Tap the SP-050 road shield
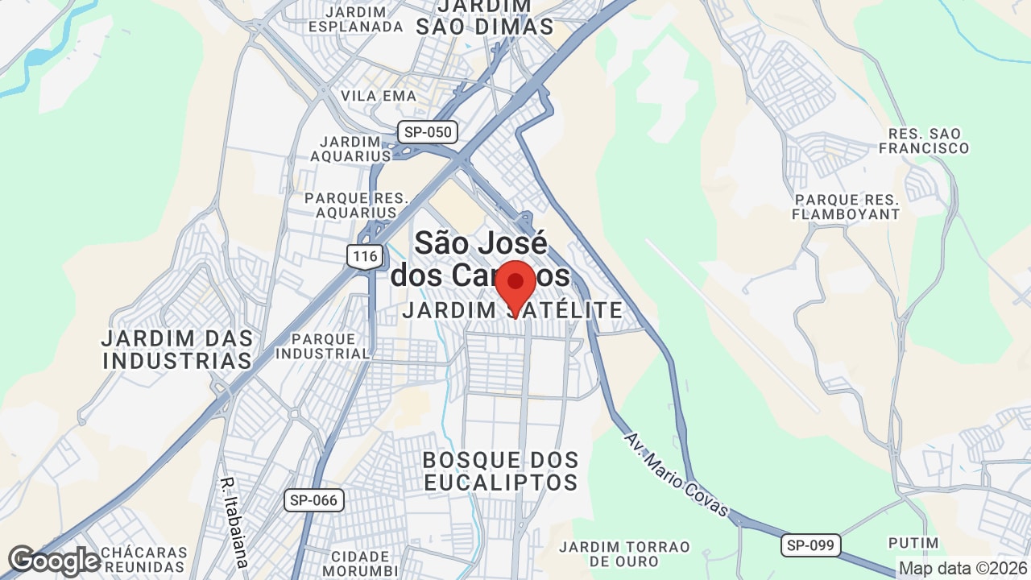tap(428, 132)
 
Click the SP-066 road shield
tap(314, 500)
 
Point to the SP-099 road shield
tap(811, 545)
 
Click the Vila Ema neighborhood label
tap(379, 96)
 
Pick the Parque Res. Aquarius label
tap(356, 205)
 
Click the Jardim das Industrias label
tap(178, 349)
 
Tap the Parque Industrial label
tap(322, 346)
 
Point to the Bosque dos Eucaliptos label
tap(500, 471)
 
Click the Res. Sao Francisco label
tap(923, 141)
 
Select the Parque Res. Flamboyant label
tap(846, 207)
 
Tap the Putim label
tap(913, 543)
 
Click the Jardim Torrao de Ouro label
tap(625, 553)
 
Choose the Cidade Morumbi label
tap(361, 563)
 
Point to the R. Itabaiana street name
tap(234, 524)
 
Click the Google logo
tap(54, 561)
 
